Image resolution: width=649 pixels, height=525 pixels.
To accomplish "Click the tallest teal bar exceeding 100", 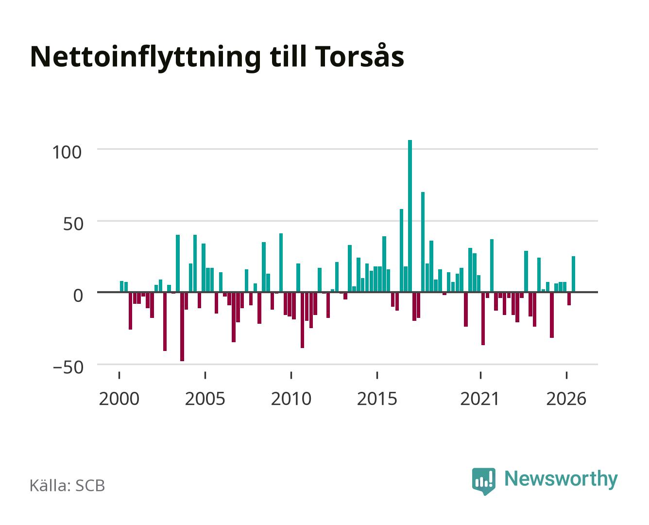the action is [x=410, y=216].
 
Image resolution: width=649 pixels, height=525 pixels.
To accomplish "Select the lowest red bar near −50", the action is [x=182, y=327].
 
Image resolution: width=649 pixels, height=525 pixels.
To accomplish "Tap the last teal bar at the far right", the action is [x=573, y=274].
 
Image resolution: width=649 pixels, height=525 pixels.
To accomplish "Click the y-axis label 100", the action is [x=67, y=152].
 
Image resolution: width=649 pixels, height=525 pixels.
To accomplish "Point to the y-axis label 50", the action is [x=73, y=224].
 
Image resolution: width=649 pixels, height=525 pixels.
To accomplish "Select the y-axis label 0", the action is [x=78, y=296].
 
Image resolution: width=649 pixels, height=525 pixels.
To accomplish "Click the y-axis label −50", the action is [x=68, y=367].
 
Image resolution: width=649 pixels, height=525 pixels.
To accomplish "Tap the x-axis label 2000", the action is [x=119, y=399].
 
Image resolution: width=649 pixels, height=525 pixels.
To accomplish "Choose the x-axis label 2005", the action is [x=205, y=399].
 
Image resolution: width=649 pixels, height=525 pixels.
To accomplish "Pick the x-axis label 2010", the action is [x=291, y=399].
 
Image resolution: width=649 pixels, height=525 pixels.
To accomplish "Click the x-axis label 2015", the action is [x=377, y=399].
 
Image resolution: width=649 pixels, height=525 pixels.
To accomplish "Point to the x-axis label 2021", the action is [x=480, y=399].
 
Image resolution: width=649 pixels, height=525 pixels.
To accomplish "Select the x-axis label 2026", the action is [x=566, y=399].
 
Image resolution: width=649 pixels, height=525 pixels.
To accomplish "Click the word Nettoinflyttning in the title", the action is [x=146, y=58].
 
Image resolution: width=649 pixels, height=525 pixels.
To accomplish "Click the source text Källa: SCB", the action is [x=68, y=486].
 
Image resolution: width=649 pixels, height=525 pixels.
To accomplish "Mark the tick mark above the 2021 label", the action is [x=481, y=375].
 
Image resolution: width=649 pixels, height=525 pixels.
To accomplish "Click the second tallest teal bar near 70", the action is [x=423, y=242].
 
